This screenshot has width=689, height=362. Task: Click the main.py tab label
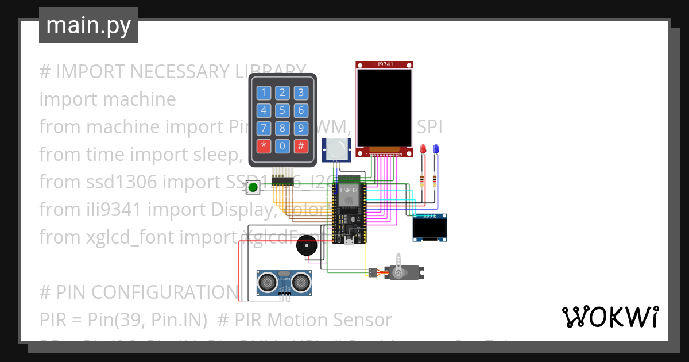(x=88, y=26)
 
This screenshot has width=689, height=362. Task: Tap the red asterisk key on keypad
(x=264, y=145)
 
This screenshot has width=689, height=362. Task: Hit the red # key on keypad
(x=300, y=145)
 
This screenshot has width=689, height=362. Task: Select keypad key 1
(x=264, y=93)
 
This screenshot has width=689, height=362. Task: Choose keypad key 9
(x=300, y=128)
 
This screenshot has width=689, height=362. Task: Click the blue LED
(x=435, y=149)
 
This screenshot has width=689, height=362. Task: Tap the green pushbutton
(x=253, y=187)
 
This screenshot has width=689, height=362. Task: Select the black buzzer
(x=305, y=247)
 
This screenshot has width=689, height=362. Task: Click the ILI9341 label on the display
(x=384, y=64)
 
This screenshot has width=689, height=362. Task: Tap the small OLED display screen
(x=429, y=229)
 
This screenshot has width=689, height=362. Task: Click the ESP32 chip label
(x=349, y=190)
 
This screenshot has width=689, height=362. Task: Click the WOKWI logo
(x=610, y=317)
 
